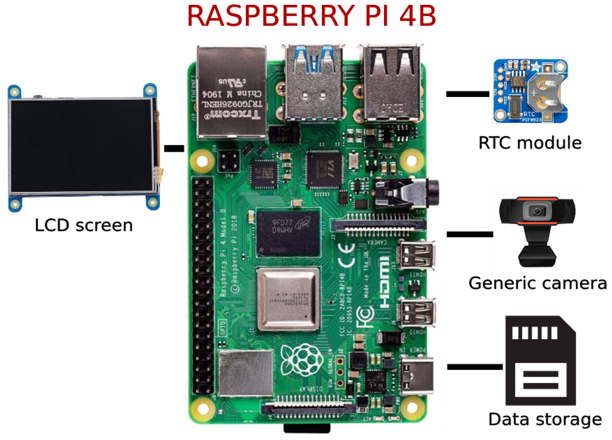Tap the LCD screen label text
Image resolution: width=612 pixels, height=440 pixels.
pyautogui.click(x=84, y=225)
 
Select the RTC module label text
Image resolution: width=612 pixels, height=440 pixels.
pyautogui.click(x=530, y=143)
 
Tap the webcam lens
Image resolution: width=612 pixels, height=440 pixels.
pyautogui.click(x=537, y=211)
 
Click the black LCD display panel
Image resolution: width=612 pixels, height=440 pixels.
pyautogui.click(x=81, y=146)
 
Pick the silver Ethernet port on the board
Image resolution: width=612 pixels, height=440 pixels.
pyautogui.click(x=232, y=92)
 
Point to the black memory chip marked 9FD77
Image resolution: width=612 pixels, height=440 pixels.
pyautogui.click(x=288, y=233)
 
